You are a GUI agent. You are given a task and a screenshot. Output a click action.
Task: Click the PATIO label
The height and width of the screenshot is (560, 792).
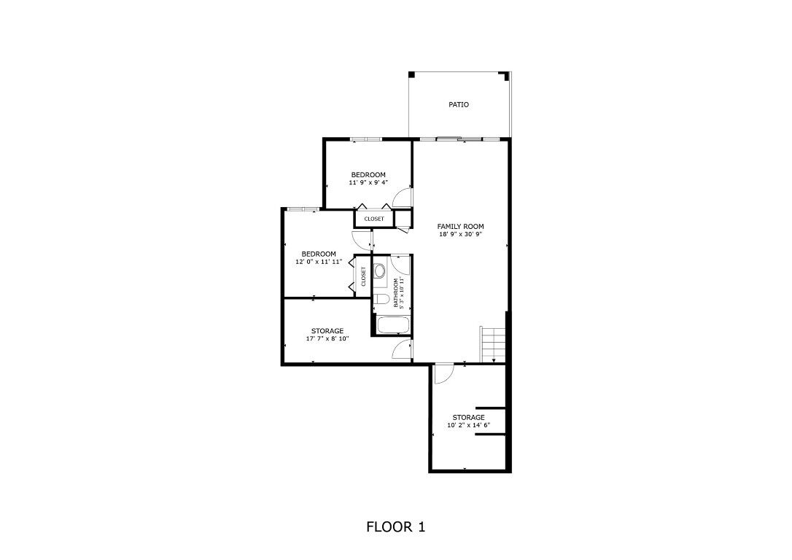[x=458, y=105]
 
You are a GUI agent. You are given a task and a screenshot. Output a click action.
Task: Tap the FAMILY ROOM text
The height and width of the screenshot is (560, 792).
[x=460, y=226]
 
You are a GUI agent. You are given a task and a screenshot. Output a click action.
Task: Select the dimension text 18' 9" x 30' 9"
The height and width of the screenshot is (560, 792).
[x=460, y=235]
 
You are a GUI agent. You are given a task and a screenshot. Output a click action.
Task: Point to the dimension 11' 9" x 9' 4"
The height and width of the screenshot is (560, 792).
[x=368, y=183]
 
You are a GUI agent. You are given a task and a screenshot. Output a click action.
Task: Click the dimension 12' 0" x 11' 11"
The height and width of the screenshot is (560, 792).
[x=319, y=262]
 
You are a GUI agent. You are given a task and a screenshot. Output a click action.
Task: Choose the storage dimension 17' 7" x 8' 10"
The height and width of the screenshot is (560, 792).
[x=327, y=339]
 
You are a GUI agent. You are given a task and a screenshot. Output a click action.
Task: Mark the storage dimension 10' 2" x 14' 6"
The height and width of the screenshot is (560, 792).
[x=468, y=425]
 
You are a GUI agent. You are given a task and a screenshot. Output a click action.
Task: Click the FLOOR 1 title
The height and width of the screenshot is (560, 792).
[x=395, y=526]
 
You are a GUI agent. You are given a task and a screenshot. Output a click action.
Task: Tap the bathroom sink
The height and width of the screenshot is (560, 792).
[x=380, y=272]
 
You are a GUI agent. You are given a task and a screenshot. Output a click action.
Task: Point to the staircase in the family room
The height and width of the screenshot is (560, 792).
[x=492, y=344]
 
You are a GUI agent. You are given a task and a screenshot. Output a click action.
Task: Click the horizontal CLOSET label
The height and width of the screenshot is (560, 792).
[x=374, y=219]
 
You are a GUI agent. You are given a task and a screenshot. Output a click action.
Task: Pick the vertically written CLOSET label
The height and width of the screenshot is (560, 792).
[x=362, y=276]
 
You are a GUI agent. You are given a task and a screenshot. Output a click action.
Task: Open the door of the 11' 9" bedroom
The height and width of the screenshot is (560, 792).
[x=402, y=196]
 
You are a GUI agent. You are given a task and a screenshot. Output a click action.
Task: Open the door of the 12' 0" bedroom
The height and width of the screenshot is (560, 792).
[x=362, y=238]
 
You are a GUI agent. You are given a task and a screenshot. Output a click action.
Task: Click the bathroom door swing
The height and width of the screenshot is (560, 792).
[x=401, y=264]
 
